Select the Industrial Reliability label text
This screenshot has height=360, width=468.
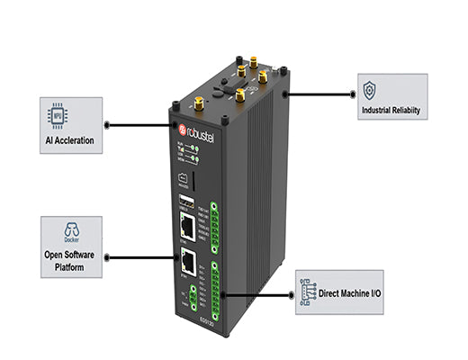click(x=393, y=112)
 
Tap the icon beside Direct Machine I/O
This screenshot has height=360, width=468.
click(x=310, y=294)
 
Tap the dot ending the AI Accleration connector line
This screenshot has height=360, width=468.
click(x=171, y=126)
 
